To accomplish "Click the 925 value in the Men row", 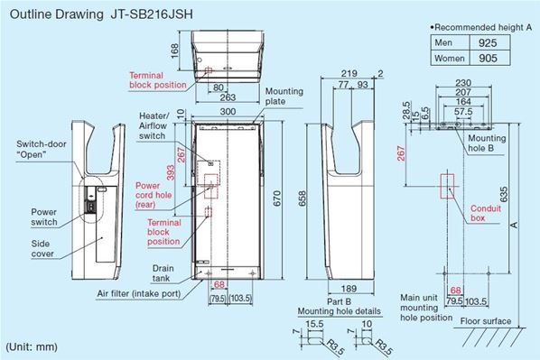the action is point(488,42).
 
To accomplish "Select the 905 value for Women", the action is point(488,58).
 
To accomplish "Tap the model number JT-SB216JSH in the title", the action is point(152,14).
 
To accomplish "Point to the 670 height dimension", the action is point(277,198).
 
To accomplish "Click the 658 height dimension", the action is point(302,198).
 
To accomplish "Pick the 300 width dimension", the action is point(228,112).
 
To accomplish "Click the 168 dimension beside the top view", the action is point(175,51).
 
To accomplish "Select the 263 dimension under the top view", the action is point(228,97).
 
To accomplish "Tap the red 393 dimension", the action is point(171,172).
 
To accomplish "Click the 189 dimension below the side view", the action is point(349,289).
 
